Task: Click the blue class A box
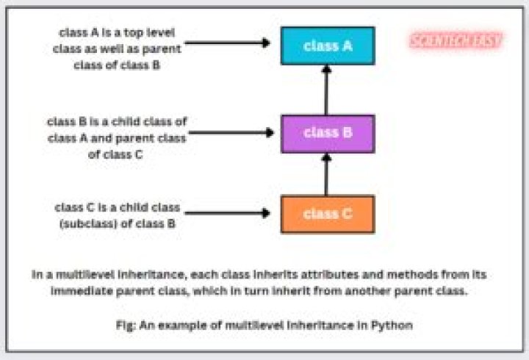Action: point(327,46)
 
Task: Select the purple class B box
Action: point(327,133)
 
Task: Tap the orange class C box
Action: point(327,214)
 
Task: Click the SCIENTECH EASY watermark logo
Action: point(456,40)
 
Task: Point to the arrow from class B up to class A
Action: point(327,90)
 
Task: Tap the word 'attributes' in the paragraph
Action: point(315,274)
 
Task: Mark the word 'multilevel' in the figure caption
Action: point(257,324)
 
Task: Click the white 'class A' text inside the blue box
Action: point(327,46)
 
